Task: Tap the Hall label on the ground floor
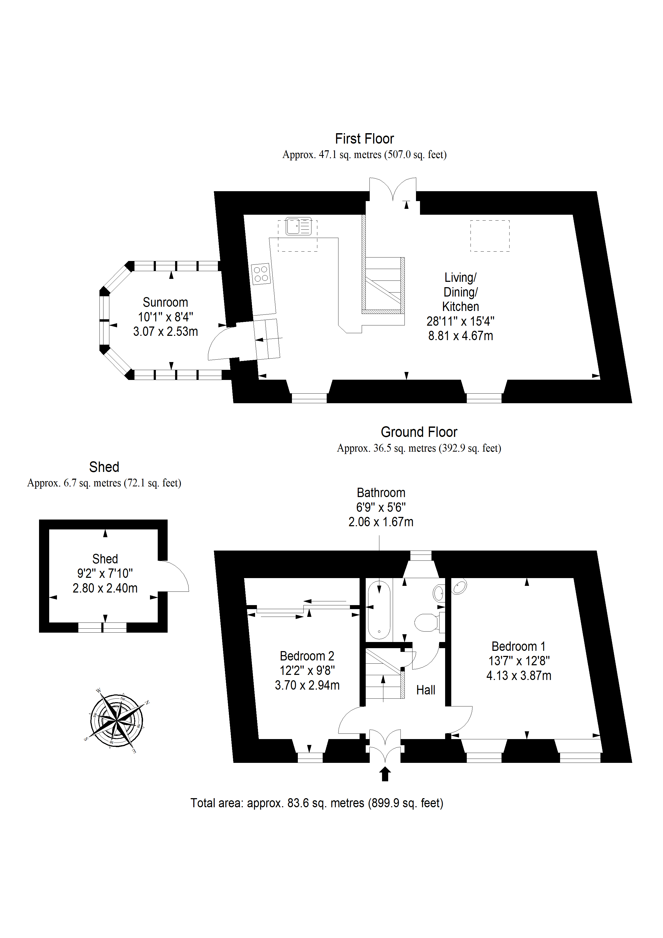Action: pyautogui.click(x=426, y=690)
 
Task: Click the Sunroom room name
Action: pyautogui.click(x=165, y=302)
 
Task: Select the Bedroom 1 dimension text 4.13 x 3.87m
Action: pyautogui.click(x=519, y=676)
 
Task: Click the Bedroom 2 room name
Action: pyautogui.click(x=307, y=656)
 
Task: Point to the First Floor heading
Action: pyautogui.click(x=364, y=139)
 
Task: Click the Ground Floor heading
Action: pyautogui.click(x=419, y=432)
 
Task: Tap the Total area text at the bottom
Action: pyautogui.click(x=317, y=803)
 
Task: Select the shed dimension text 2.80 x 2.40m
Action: pyautogui.click(x=105, y=588)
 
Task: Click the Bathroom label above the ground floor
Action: pyautogui.click(x=381, y=493)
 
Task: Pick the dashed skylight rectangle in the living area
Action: pyautogui.click(x=490, y=236)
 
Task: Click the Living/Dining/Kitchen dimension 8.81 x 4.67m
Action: pyautogui.click(x=460, y=336)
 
